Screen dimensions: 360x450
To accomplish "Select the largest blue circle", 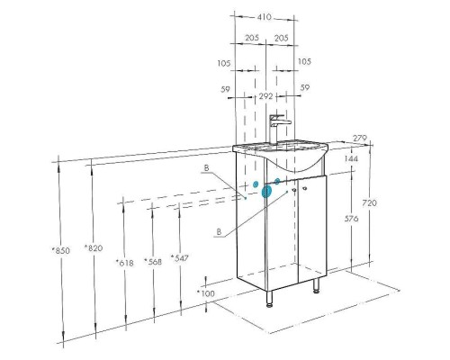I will (x=266, y=193).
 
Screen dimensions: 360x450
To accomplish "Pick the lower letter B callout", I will (x=220, y=231).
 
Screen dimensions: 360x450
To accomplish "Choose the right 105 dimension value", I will (x=304, y=62).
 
